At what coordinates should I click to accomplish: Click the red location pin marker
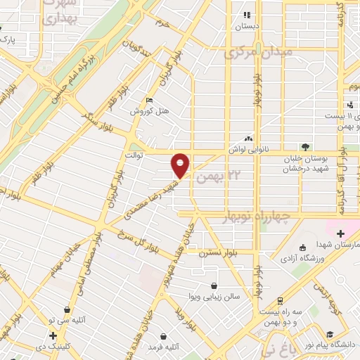[x=181, y=165]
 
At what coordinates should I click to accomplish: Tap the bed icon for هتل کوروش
[x=147, y=100]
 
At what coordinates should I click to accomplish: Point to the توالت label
[x=134, y=154]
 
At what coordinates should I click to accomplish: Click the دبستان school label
[x=247, y=25]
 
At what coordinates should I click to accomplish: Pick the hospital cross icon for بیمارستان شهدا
[x=340, y=233]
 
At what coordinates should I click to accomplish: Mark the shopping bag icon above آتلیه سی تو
[x=67, y=309]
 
